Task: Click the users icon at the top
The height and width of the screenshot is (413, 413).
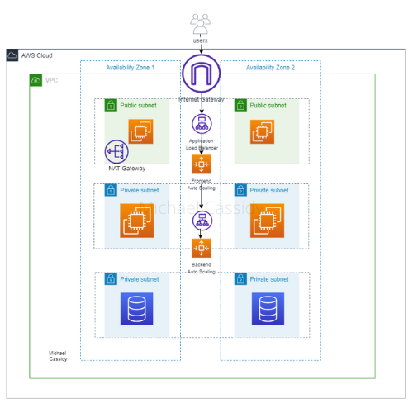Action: tap(201, 22)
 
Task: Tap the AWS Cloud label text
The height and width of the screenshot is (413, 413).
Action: tap(37, 55)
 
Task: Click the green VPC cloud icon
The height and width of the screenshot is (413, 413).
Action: tap(36, 80)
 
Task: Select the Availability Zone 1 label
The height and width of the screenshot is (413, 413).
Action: tap(131, 67)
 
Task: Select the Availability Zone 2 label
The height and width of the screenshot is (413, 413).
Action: tap(271, 67)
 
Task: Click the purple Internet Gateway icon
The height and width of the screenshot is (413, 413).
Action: tap(201, 76)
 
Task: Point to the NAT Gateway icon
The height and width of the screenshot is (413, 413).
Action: tap(116, 152)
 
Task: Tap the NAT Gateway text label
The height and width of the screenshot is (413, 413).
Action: tap(126, 169)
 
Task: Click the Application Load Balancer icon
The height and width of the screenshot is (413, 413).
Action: tap(201, 124)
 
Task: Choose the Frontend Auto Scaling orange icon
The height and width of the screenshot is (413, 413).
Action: tap(201, 164)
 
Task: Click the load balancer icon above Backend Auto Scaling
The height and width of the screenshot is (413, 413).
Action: tap(201, 221)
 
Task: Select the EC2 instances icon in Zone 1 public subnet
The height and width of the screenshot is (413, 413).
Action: tap(140, 131)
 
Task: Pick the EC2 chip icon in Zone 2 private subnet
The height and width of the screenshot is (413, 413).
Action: tap(266, 220)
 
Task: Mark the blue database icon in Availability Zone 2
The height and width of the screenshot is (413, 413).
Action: tap(267, 308)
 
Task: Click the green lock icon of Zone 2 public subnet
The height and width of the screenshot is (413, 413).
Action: tap(240, 106)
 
